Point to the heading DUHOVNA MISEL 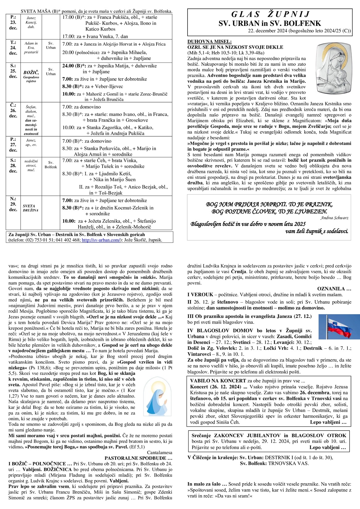click(x=209, y=42)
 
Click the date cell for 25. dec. click(x=13, y=71)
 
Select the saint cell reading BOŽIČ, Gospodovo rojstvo click(x=31, y=77)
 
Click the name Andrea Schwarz click(x=334, y=218)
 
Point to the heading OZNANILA click(x=334, y=289)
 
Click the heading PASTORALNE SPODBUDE click(x=138, y=458)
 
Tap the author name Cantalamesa click(x=160, y=452)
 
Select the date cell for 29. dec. click(x=13, y=204)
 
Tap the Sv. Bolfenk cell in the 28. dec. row click(x=51, y=165)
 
